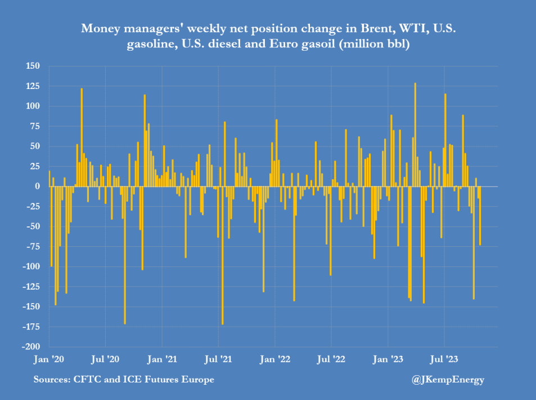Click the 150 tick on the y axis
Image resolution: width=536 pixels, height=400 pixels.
33,66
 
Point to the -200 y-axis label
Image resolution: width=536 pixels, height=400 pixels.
31,347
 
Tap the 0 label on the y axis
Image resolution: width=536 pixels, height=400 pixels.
37,186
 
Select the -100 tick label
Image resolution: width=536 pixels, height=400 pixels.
31,266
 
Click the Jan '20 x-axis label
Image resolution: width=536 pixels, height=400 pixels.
49,358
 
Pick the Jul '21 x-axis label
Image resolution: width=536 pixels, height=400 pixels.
219,358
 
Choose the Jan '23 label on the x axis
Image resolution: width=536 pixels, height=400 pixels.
388,358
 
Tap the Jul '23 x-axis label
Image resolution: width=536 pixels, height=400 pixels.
444,358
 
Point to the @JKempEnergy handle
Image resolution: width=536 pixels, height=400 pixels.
448,380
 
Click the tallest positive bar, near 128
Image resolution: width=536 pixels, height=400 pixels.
415,135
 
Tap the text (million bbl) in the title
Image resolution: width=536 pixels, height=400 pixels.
373,45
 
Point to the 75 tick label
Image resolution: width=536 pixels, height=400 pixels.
35,126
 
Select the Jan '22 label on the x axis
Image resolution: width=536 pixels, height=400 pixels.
276,358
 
